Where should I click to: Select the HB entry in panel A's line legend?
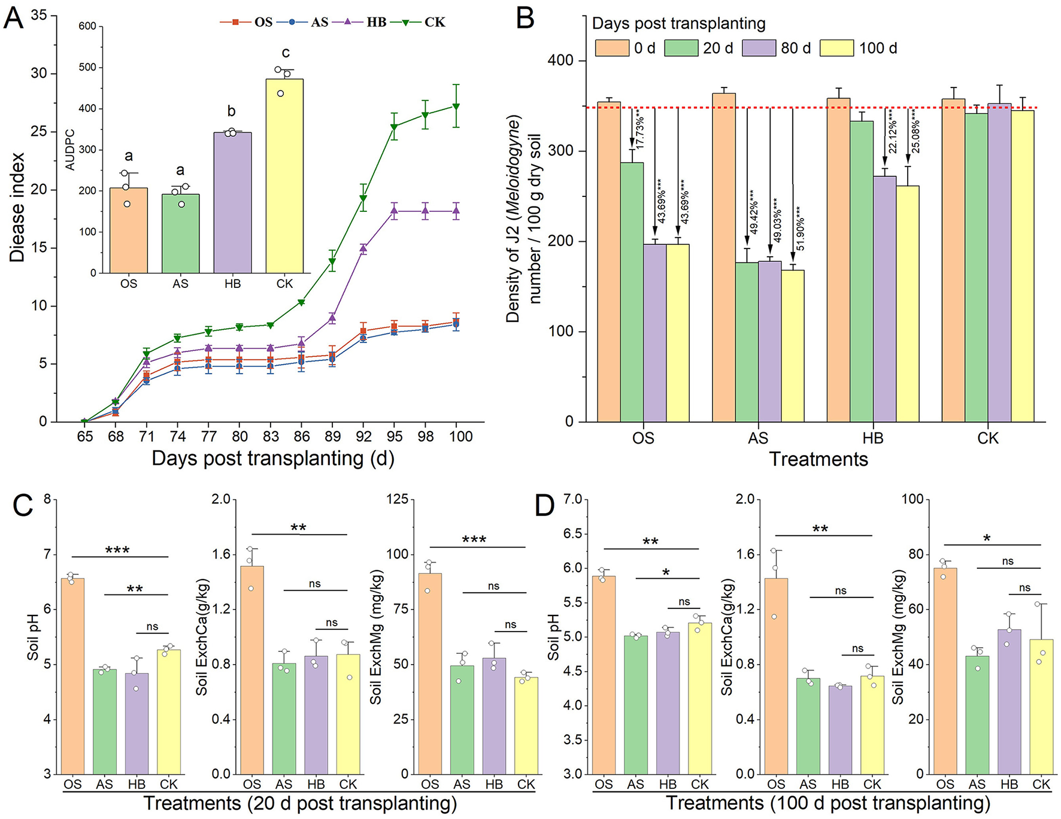pos(376,22)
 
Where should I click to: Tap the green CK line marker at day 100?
pos(456,107)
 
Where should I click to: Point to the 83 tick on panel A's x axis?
pos(271,436)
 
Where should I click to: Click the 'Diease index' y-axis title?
pos(17,207)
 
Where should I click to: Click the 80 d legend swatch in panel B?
pos(759,48)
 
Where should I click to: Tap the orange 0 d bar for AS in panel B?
pos(724,257)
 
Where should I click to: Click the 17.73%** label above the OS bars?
pos(639,129)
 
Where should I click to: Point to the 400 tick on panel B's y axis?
pos(560,60)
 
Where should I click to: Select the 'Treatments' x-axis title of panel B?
pos(818,459)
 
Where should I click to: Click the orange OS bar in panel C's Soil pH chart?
pos(72,676)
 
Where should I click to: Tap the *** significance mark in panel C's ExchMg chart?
pos(474,540)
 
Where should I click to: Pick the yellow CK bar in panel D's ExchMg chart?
pos(1041,706)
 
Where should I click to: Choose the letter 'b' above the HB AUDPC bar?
pos(231,111)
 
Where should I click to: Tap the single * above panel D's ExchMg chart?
pos(987,538)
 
